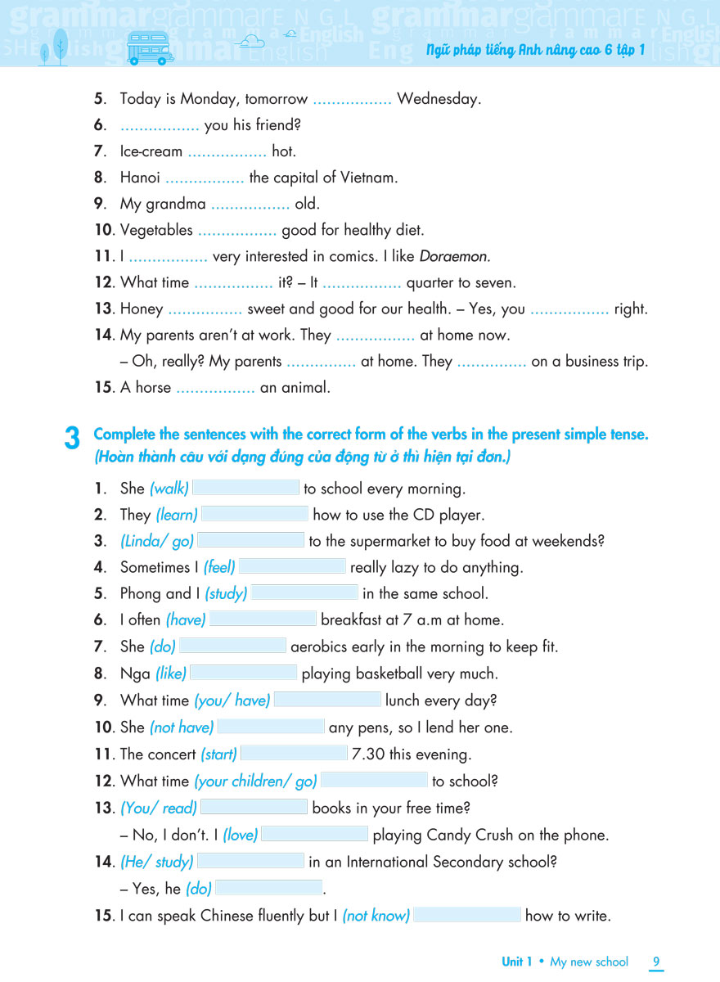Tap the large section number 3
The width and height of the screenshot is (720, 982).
click(72, 440)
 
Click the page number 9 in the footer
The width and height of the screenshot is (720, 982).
click(656, 962)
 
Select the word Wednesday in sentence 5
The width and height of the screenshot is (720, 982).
click(439, 99)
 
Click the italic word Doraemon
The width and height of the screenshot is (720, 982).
click(454, 257)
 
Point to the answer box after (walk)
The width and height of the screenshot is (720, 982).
click(245, 489)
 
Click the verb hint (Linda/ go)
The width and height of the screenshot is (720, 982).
click(157, 541)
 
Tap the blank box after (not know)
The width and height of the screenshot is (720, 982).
click(467, 916)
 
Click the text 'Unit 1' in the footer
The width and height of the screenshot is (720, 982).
click(517, 962)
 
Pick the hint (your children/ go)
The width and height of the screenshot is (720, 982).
click(255, 782)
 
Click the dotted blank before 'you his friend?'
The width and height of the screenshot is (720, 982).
click(160, 125)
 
